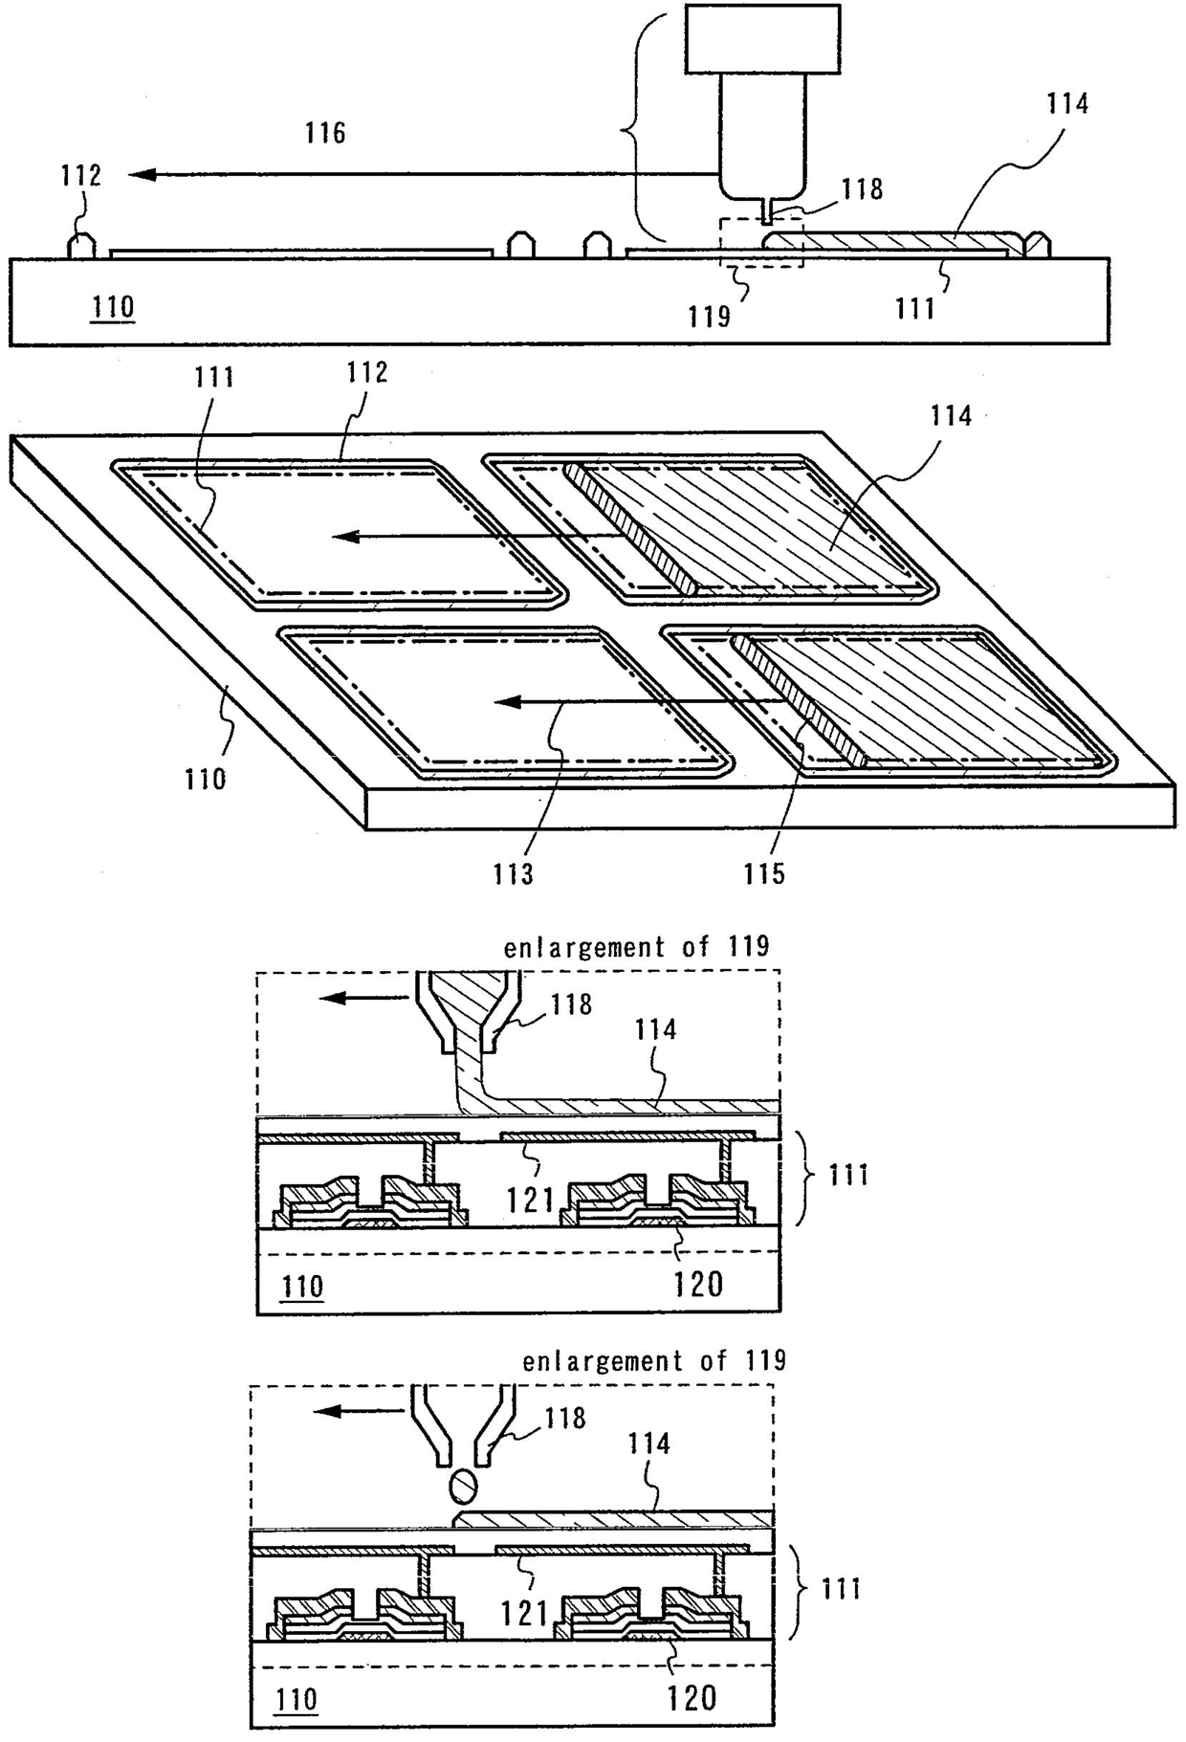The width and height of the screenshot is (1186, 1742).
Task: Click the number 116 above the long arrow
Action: (x=325, y=133)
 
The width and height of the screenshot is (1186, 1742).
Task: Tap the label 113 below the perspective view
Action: (x=514, y=873)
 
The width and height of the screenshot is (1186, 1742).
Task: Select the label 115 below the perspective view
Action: (x=764, y=873)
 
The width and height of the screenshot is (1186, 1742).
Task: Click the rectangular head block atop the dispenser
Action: (x=762, y=38)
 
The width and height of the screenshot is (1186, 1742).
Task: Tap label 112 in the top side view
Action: (x=80, y=176)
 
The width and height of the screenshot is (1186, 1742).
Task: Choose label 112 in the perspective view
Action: (x=367, y=372)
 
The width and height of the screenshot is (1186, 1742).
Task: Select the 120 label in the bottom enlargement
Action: (x=691, y=1697)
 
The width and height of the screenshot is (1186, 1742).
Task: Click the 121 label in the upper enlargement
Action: (x=532, y=1199)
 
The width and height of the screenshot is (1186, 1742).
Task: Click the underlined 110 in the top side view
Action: (x=113, y=308)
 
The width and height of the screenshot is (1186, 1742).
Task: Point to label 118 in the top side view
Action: (x=862, y=189)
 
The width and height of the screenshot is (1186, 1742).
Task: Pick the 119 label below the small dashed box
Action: (x=709, y=316)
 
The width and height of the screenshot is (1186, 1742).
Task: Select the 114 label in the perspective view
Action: (x=951, y=416)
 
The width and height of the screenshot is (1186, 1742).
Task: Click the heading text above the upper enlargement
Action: (x=636, y=947)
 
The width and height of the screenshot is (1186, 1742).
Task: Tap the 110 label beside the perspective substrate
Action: (x=206, y=779)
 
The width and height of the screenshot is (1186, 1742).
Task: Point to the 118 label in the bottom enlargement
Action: (x=564, y=1418)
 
